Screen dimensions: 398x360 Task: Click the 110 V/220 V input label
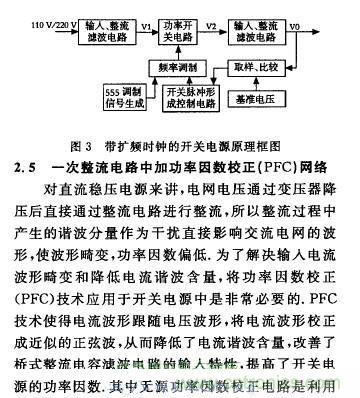pyautogui.click(x=43, y=20)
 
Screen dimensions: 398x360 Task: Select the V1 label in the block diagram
pyautogui.click(x=148, y=18)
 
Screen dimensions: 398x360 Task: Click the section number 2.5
pyautogui.click(x=26, y=162)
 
